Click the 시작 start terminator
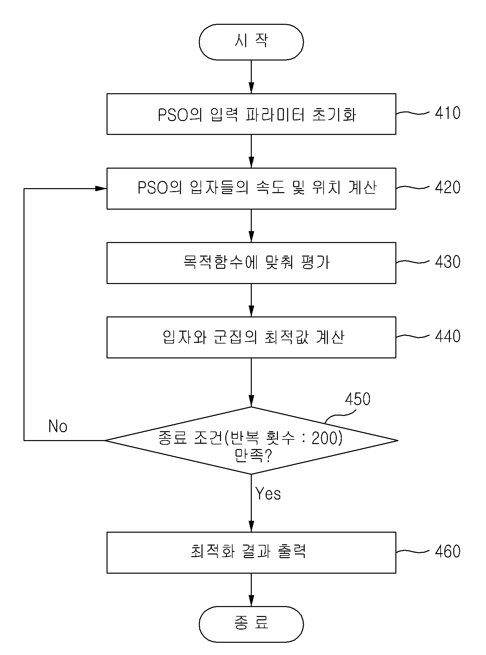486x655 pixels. point(251,42)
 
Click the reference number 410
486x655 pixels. point(448,113)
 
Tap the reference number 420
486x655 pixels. point(448,187)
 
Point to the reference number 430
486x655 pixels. point(448,262)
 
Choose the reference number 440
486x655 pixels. point(448,336)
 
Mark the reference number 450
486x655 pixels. point(358,399)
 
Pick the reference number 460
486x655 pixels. point(448,552)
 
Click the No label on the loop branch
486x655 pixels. point(58,426)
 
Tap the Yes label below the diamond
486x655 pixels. point(268,494)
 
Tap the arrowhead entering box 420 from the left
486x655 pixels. point(101,188)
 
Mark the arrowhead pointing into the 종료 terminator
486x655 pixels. point(251,601)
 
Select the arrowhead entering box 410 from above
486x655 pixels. point(251,88)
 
